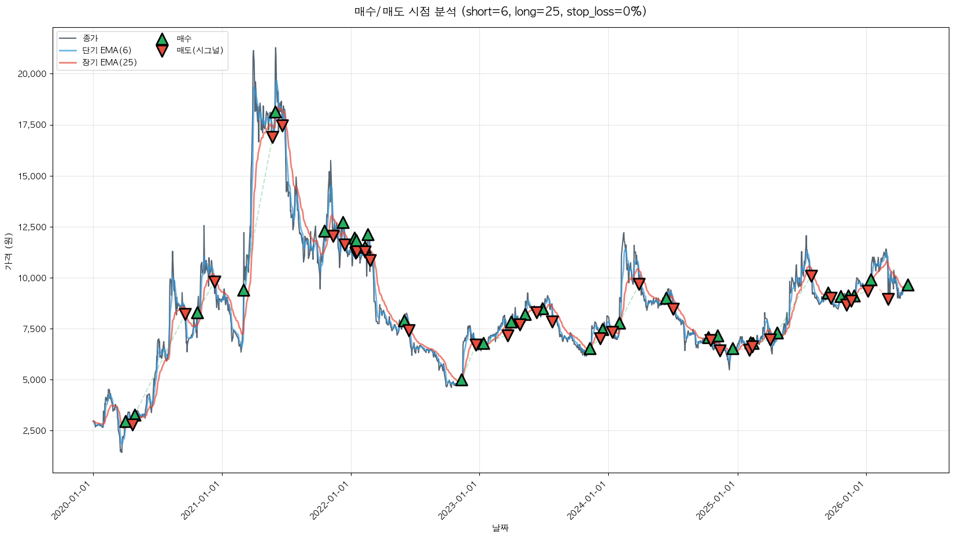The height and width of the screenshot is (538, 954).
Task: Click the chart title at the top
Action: coord(500,12)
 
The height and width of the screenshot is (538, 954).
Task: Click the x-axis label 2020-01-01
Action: coord(74,501)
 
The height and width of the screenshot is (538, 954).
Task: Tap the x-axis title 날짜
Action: coord(500,528)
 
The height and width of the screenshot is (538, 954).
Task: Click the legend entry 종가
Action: coord(90,38)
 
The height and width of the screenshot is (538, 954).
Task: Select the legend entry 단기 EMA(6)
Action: coord(106,50)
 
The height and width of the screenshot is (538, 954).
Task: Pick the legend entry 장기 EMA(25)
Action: coord(109,62)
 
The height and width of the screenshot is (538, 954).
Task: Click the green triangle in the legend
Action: coord(162,39)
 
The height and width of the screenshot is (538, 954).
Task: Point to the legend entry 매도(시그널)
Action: coord(199,50)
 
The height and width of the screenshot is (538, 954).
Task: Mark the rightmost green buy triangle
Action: coord(908,285)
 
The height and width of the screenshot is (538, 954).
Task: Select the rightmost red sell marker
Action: coord(888,299)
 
